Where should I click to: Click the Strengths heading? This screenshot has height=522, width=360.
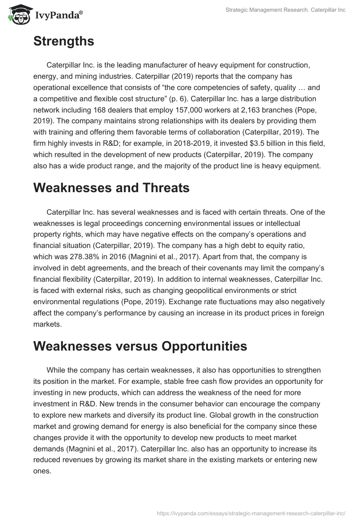tap(63, 41)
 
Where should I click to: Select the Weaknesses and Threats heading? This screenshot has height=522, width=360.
tap(111, 188)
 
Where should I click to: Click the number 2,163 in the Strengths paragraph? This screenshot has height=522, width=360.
tap(244, 110)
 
